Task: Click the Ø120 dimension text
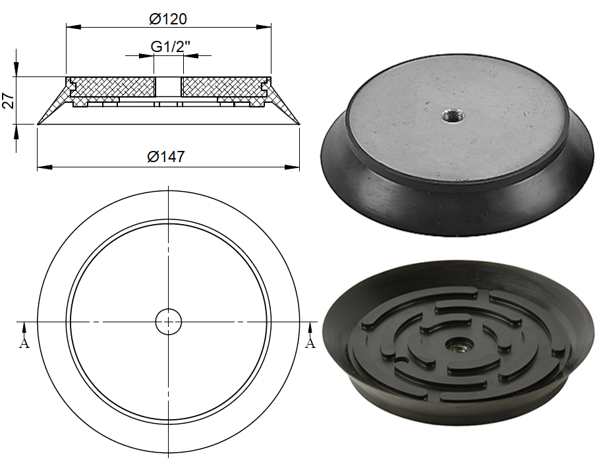(169, 19)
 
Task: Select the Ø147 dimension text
(166, 156)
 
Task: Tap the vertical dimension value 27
(8, 100)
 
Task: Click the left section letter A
(24, 343)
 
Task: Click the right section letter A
(310, 343)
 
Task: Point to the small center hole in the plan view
(168, 322)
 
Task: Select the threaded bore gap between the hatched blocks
(168, 86)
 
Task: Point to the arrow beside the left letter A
(24, 327)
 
